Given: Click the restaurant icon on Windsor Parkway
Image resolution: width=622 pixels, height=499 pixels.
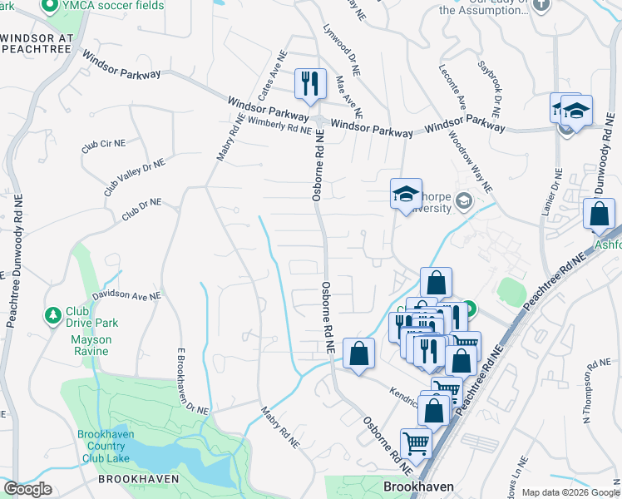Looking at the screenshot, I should [310, 83].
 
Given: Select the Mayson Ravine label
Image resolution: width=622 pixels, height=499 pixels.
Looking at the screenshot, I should [89, 345].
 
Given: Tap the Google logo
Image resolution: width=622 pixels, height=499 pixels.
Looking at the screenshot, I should [27, 489].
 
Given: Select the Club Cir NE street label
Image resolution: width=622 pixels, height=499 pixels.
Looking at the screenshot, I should [103, 145].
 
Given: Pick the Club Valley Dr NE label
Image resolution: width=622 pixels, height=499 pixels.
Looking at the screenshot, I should [135, 178].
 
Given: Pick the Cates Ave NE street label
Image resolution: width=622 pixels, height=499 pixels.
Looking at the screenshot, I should [274, 76].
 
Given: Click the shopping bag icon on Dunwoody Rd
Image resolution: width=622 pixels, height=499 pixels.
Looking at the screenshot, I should [599, 215].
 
